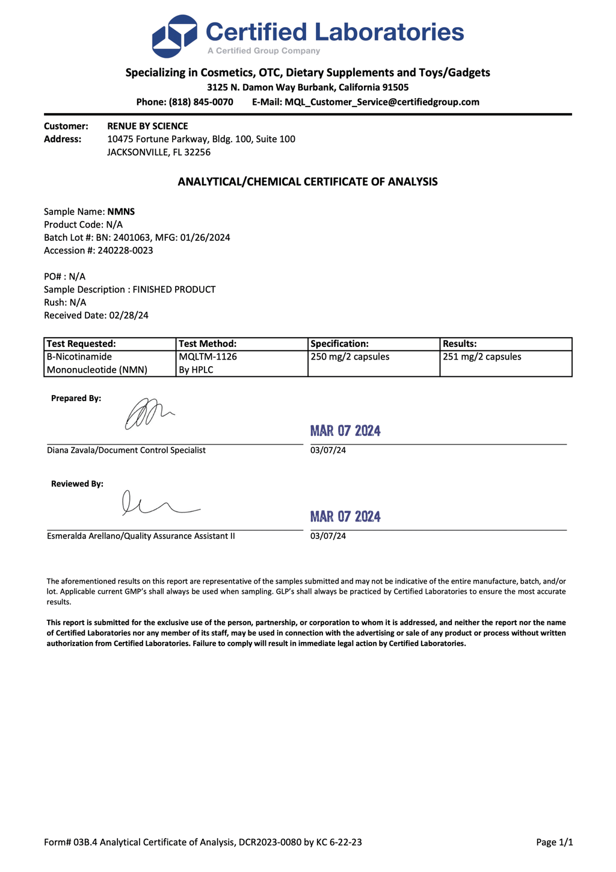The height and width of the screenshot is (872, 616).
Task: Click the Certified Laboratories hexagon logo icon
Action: [x=174, y=37]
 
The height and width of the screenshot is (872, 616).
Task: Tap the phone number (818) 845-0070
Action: [x=201, y=102]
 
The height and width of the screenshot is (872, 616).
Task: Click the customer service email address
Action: [x=382, y=102]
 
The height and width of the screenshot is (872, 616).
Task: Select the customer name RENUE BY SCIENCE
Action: [x=147, y=126]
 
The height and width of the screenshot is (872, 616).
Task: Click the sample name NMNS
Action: [x=121, y=211]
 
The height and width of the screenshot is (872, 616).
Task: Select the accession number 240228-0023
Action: [x=125, y=251]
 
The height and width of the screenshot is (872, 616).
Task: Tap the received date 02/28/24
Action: [x=128, y=315]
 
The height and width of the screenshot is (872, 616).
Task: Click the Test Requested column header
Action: [x=81, y=344]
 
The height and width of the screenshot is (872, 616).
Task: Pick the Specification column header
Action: [x=339, y=344]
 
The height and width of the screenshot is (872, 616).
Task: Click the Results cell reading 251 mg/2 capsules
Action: [x=482, y=357]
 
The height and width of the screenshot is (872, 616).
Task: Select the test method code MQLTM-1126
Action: [x=208, y=357]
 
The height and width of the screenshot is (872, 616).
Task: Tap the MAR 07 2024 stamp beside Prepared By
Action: [x=345, y=431]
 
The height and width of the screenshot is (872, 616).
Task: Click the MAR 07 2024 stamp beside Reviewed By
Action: [x=345, y=517]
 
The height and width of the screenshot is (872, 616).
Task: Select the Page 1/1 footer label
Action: [x=554, y=842]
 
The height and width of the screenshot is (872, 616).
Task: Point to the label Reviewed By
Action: [x=77, y=484]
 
